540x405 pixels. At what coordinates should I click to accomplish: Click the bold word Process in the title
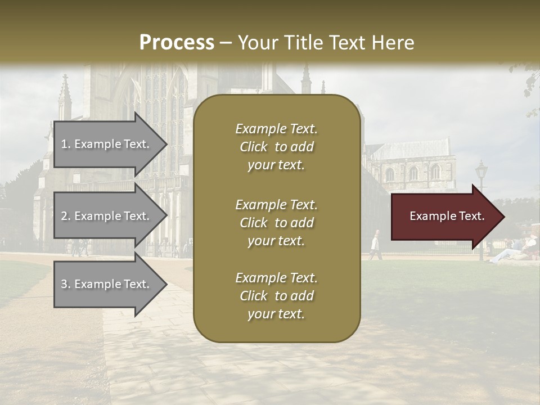tap(177, 43)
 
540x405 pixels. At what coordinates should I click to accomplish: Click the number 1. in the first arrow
tap(65, 144)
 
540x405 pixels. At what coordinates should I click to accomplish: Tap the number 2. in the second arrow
tap(65, 216)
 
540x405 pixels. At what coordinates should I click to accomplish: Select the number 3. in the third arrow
tap(65, 284)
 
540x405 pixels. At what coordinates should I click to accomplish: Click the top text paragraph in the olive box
tap(276, 147)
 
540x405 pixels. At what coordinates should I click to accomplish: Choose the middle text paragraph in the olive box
tap(276, 223)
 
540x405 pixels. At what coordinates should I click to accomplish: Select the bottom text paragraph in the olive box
tap(276, 296)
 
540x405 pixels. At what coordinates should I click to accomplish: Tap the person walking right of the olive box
tap(375, 246)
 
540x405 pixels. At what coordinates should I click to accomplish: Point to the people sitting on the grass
tap(515, 250)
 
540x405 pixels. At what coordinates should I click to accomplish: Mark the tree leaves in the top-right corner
tap(529, 84)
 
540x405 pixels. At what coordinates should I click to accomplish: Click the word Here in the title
tap(394, 43)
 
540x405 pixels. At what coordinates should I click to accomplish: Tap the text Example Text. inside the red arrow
tap(447, 217)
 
